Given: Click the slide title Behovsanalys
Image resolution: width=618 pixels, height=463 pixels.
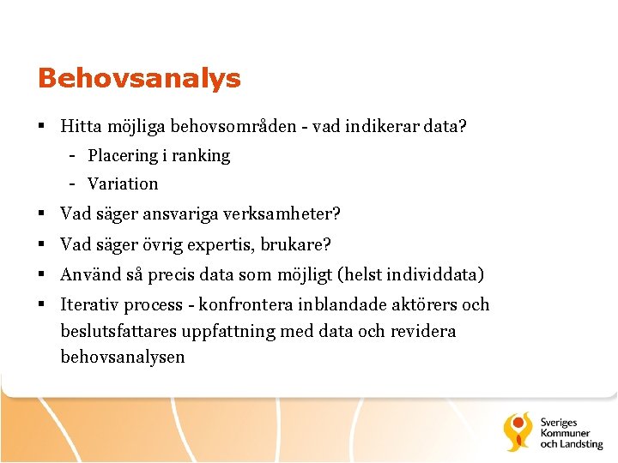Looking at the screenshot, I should tap(139, 79).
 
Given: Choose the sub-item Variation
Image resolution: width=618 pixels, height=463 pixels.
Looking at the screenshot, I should tap(123, 183).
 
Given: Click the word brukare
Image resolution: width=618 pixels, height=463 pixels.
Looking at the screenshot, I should tap(303, 244).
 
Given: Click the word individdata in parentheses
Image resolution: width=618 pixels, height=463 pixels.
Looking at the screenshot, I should tap(434, 275).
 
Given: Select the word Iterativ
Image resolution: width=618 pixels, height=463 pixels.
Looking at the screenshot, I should tap(90, 305).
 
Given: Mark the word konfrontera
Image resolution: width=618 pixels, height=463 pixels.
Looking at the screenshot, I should tap(245, 305).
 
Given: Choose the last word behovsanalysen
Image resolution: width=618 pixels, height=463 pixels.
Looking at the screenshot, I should tap(123, 357).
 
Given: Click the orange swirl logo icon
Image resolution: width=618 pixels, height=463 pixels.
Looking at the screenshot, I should tap(519, 431).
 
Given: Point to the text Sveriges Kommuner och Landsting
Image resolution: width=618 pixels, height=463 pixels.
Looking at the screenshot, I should tap(571, 432).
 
